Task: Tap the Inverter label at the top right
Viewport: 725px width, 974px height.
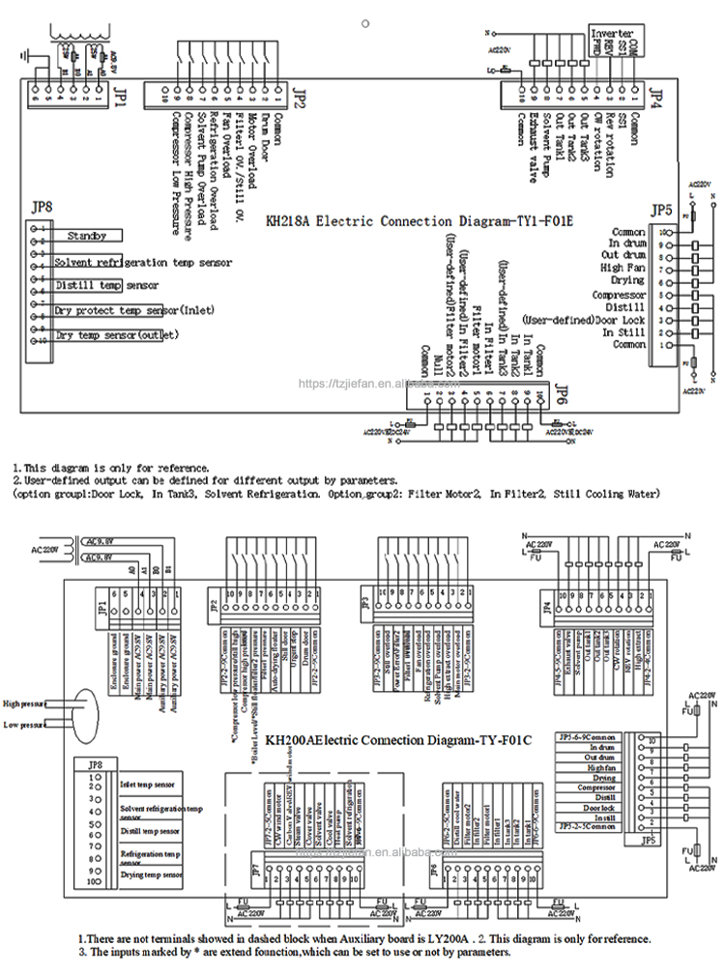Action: click(611, 33)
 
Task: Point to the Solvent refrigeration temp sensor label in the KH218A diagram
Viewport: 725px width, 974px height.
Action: click(143, 262)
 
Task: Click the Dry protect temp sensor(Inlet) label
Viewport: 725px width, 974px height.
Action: click(134, 309)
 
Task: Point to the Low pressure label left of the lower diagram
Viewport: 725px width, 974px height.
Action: click(25, 725)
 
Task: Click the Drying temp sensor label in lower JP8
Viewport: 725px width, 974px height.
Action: click(151, 874)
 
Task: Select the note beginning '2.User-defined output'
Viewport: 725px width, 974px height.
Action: click(205, 479)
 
